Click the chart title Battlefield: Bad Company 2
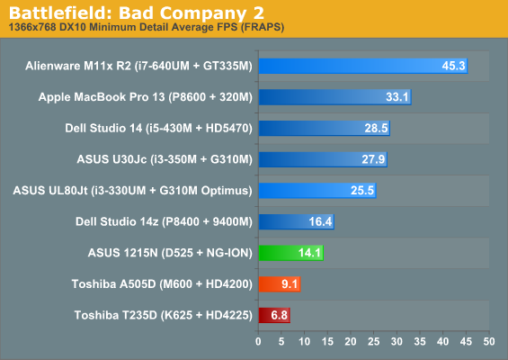(x=137, y=13)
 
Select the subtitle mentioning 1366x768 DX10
(x=147, y=27)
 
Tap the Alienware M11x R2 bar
(x=363, y=66)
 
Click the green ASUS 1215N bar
(x=291, y=253)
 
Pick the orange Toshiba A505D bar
(x=280, y=283)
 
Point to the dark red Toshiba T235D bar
(x=274, y=315)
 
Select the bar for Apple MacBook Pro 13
(x=335, y=97)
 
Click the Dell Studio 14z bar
(x=297, y=221)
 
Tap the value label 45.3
(x=453, y=66)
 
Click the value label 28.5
(x=376, y=128)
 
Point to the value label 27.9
(x=373, y=159)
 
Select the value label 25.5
(x=362, y=191)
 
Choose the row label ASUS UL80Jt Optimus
(x=132, y=191)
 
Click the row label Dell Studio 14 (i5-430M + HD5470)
(x=159, y=128)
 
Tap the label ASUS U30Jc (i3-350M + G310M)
(x=165, y=159)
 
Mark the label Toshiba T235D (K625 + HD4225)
(x=164, y=315)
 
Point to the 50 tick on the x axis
(x=489, y=341)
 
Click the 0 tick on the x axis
(x=258, y=341)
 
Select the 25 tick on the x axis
(x=373, y=341)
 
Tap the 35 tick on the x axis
(x=420, y=341)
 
